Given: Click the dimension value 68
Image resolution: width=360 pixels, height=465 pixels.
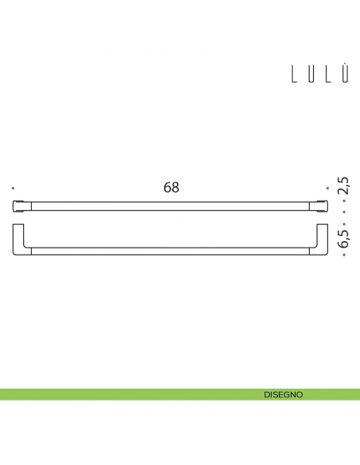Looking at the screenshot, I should tap(171, 188).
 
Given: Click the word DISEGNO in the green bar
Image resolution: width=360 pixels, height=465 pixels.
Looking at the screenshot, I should tap(284, 394).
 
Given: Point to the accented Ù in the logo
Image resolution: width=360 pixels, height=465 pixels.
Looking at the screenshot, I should tap(346, 75).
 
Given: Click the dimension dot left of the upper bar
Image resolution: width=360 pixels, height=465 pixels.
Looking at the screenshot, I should tap(14, 188).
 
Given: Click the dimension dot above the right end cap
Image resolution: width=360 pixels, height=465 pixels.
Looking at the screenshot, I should tap(327, 188).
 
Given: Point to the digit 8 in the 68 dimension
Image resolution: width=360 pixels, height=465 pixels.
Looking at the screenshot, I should tap(175, 188).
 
